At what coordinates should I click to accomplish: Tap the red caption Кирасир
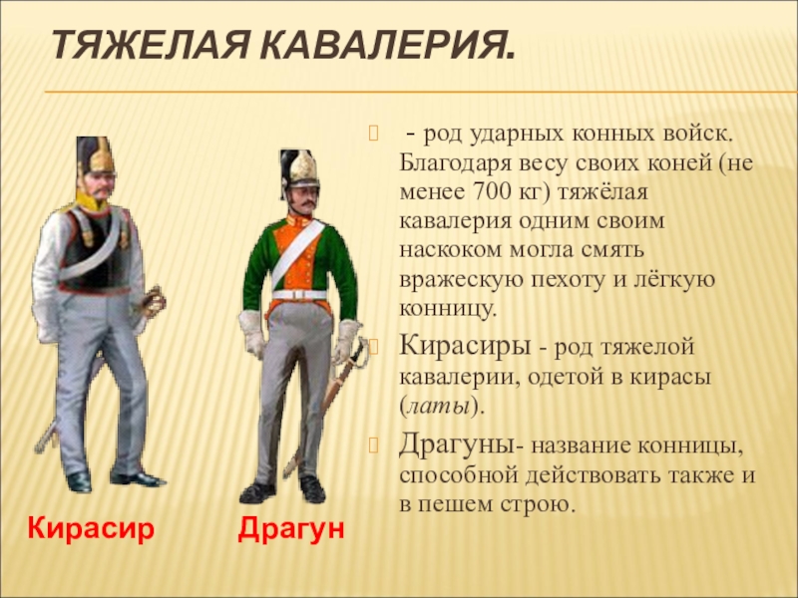click(91, 528)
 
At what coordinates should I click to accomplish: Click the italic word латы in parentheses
click(439, 407)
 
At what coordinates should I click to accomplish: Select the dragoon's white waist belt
click(300, 295)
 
